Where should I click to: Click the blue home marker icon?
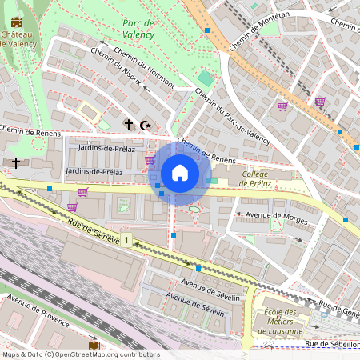point(179,173)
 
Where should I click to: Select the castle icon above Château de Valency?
point(17,22)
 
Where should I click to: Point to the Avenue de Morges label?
point(269,214)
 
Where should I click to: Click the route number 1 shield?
point(126,240)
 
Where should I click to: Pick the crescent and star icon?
point(145,125)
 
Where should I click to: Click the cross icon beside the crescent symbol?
point(127,125)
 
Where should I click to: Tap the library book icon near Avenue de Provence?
point(94,346)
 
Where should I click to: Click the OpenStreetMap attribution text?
point(80,354)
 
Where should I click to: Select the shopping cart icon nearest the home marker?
point(150,160)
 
